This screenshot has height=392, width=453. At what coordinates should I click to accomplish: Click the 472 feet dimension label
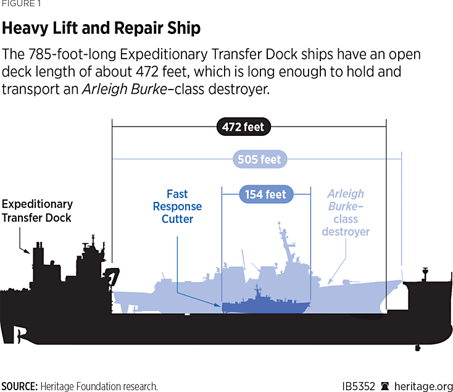244,128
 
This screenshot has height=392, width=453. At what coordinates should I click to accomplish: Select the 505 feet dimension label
259,159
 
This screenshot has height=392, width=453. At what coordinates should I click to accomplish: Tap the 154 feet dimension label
265,194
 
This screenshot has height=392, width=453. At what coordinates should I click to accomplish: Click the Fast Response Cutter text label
177,206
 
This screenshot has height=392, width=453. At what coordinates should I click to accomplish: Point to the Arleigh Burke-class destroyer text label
346,212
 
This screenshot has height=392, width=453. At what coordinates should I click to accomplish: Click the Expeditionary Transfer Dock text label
37,211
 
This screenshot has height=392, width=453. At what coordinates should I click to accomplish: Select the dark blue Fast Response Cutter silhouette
265,304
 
